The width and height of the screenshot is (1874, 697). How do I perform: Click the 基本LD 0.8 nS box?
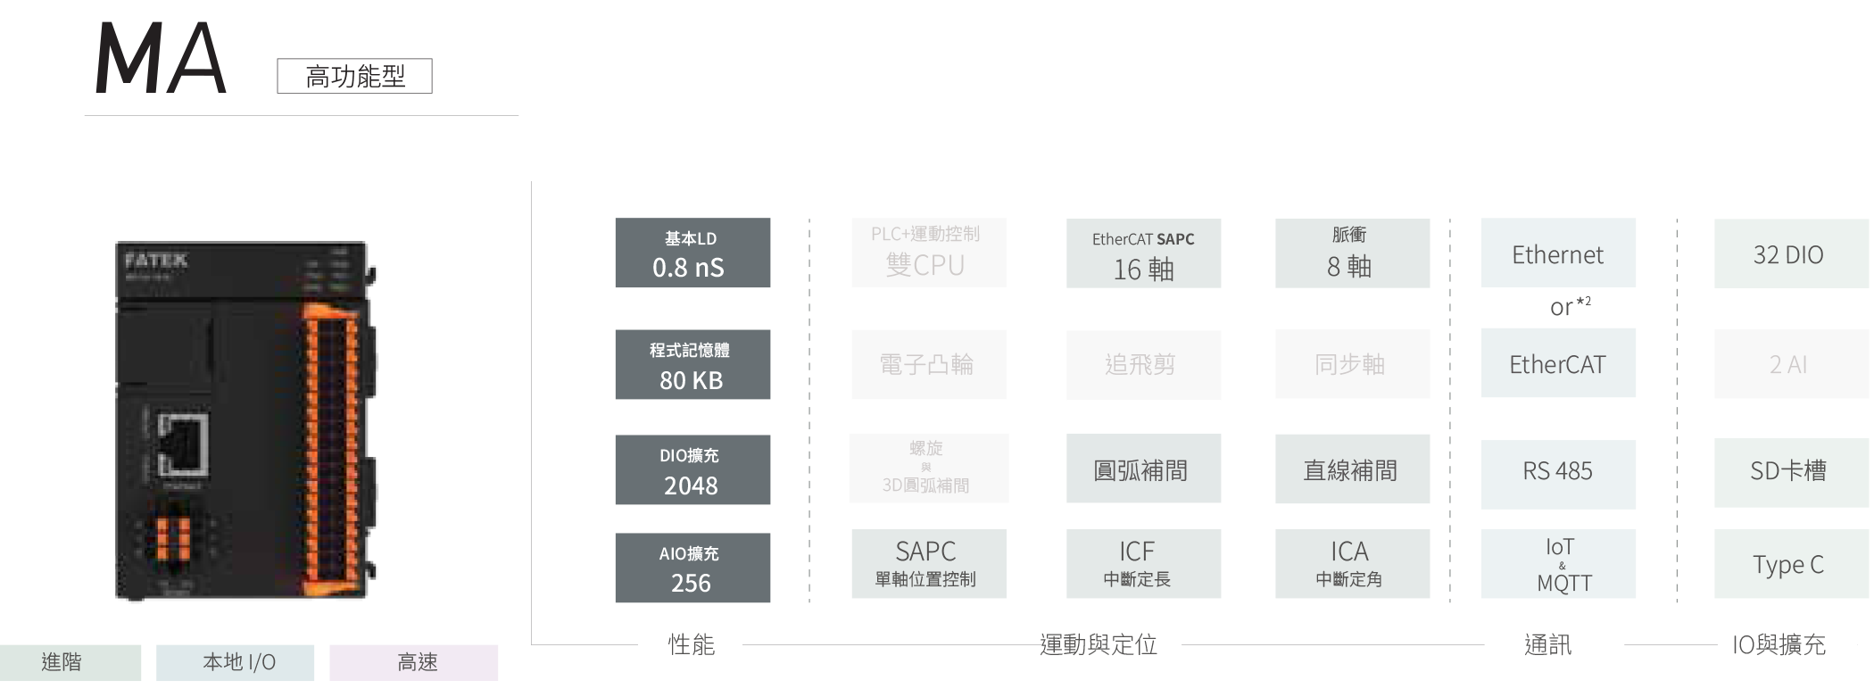[x=692, y=253]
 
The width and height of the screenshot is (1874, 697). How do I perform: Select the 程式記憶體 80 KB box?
[x=692, y=365]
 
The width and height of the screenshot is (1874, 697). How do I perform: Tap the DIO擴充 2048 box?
[x=692, y=470]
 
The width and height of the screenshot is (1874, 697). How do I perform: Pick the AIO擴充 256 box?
[x=692, y=568]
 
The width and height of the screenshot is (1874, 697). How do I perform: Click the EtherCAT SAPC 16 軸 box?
[x=1143, y=254]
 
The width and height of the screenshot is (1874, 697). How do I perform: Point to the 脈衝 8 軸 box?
[x=1352, y=254]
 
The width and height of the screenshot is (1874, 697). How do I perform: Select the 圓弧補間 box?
[x=1143, y=469]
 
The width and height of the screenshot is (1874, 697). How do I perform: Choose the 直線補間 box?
[x=1352, y=469]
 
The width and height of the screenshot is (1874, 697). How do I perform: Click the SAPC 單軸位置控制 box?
[x=928, y=564]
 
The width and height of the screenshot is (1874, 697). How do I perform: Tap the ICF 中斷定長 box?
[x=1143, y=564]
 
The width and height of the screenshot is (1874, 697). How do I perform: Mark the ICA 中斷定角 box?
[x=1352, y=564]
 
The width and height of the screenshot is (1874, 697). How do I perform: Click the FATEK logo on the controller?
[x=156, y=260]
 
